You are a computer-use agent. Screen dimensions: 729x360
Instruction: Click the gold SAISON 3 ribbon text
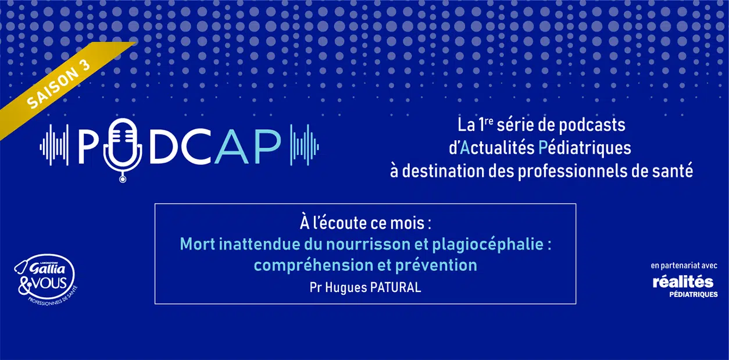[58, 83]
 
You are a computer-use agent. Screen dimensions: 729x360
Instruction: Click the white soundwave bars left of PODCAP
[54, 145]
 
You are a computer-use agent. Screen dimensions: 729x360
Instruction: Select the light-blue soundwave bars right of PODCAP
[304, 145]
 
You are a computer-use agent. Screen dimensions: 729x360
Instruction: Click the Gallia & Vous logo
[46, 280]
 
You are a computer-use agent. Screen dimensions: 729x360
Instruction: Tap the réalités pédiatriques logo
[684, 286]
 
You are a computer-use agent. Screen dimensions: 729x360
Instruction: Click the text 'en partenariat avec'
[684, 266]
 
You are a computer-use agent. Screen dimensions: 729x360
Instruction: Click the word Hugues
[346, 288]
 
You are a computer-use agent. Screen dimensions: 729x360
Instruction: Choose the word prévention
[436, 266]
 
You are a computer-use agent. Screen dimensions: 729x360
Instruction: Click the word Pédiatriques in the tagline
[585, 148]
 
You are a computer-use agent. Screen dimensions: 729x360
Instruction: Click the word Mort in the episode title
[197, 244]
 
